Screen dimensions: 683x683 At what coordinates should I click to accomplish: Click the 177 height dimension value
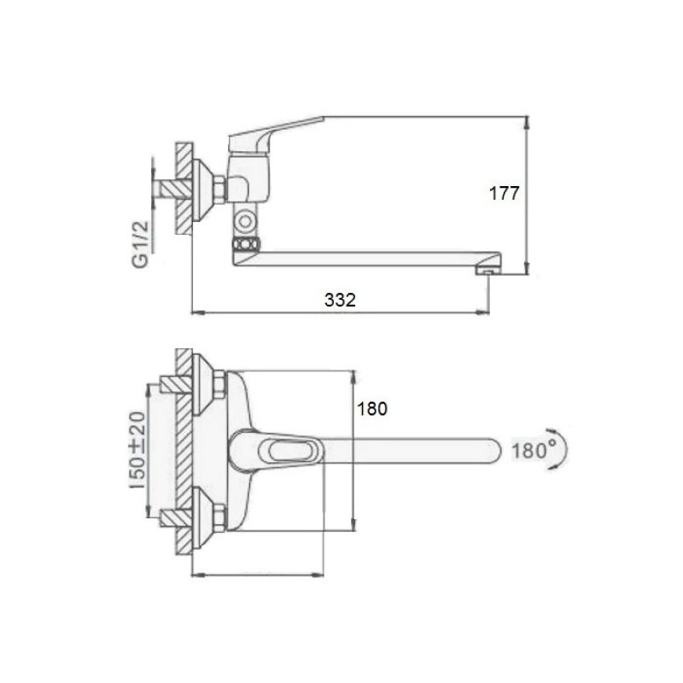tap(505, 193)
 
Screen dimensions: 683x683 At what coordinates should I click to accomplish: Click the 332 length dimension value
tap(340, 300)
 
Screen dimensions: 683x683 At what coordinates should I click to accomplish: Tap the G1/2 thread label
tap(140, 244)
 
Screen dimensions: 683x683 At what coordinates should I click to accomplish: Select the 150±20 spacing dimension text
tap(138, 450)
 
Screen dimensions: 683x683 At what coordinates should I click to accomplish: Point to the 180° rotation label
tap(534, 450)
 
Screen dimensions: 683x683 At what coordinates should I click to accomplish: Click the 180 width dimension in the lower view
tap(372, 409)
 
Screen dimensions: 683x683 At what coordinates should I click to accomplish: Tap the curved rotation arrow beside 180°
tap(563, 449)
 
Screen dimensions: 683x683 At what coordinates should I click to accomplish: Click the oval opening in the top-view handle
tap(285, 451)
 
